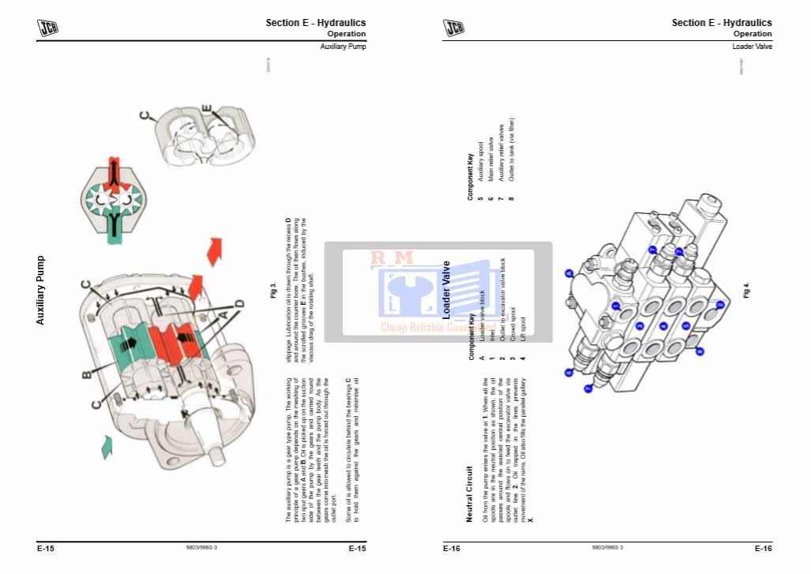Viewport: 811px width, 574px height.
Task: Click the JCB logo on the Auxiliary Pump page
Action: pyautogui.click(x=48, y=28)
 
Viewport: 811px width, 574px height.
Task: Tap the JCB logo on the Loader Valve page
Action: pyautogui.click(x=454, y=28)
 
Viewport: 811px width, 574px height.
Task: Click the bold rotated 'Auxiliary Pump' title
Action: pyautogui.click(x=41, y=290)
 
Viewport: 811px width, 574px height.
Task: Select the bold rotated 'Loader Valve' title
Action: pyautogui.click(x=446, y=289)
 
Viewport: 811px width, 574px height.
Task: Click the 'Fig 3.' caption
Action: pyautogui.click(x=272, y=289)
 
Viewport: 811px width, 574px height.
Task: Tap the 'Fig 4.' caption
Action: pyautogui.click(x=746, y=289)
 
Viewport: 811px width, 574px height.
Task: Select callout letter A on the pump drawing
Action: pyautogui.click(x=223, y=313)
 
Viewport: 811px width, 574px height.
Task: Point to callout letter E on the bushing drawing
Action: pyautogui.click(x=206, y=109)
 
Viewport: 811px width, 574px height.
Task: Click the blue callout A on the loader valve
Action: pyautogui.click(x=569, y=273)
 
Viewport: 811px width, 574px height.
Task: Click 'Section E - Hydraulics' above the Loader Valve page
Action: pyautogui.click(x=721, y=23)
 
